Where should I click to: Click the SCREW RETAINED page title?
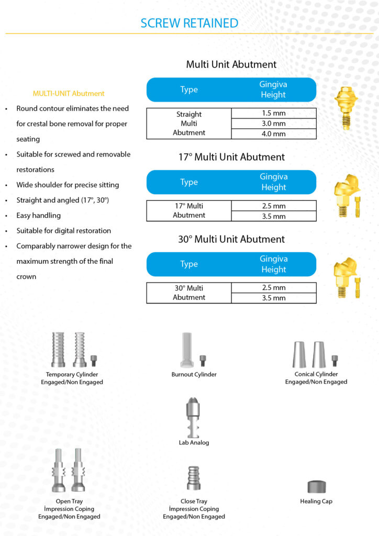(189, 23)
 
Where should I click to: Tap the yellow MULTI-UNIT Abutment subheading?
(69, 94)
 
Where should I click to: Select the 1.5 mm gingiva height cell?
(273, 113)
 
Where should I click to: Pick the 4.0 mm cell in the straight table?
(273, 133)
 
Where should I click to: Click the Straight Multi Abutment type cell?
(189, 124)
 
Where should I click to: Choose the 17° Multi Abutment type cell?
(189, 210)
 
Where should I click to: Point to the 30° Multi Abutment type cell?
(189, 293)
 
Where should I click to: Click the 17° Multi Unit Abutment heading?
(231, 157)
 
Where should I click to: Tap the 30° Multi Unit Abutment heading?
(231, 239)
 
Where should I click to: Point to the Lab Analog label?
(194, 443)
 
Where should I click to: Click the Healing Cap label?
(316, 501)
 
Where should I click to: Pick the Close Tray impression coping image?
(194, 477)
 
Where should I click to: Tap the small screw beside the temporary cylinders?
(94, 361)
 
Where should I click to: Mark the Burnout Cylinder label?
(194, 375)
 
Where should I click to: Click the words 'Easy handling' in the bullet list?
(39, 215)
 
